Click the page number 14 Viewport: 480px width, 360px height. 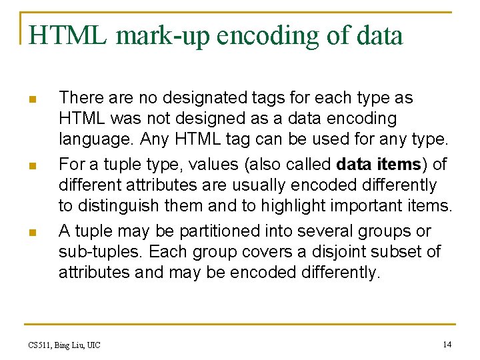447,344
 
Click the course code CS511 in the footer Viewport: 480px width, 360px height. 40,345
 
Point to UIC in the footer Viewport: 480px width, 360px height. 94,345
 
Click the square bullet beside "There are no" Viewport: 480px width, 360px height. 31,100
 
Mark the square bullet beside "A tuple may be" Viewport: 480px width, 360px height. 31,233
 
